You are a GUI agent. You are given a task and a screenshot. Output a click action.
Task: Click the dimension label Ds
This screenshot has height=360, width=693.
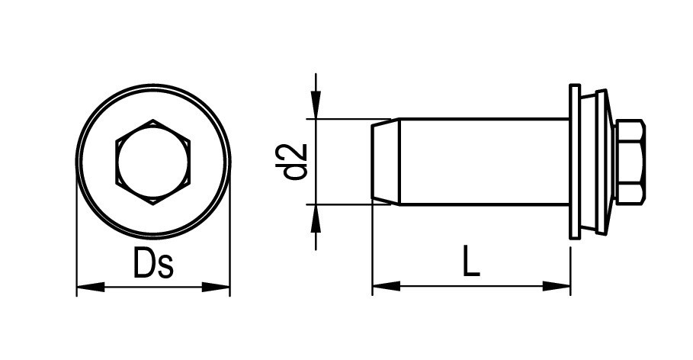pos(153,264)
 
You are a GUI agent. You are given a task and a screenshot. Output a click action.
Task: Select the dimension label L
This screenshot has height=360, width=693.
pos(471,262)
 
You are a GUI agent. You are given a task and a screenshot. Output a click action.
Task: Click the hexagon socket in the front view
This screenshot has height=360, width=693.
pos(152,162)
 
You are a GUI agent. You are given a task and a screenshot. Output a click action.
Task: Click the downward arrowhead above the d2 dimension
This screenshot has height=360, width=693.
pos(316,106)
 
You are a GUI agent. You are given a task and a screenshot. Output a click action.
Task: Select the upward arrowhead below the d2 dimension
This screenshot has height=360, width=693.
pos(316,217)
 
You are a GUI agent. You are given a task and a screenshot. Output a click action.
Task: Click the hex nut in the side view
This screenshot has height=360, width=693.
pos(630,162)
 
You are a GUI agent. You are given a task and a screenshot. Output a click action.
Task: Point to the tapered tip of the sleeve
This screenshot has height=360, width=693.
pos(385,162)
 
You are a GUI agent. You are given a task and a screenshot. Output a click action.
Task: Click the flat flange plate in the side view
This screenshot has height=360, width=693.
pos(573,162)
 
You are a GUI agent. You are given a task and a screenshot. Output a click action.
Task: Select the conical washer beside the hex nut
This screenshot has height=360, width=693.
pos(602,162)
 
